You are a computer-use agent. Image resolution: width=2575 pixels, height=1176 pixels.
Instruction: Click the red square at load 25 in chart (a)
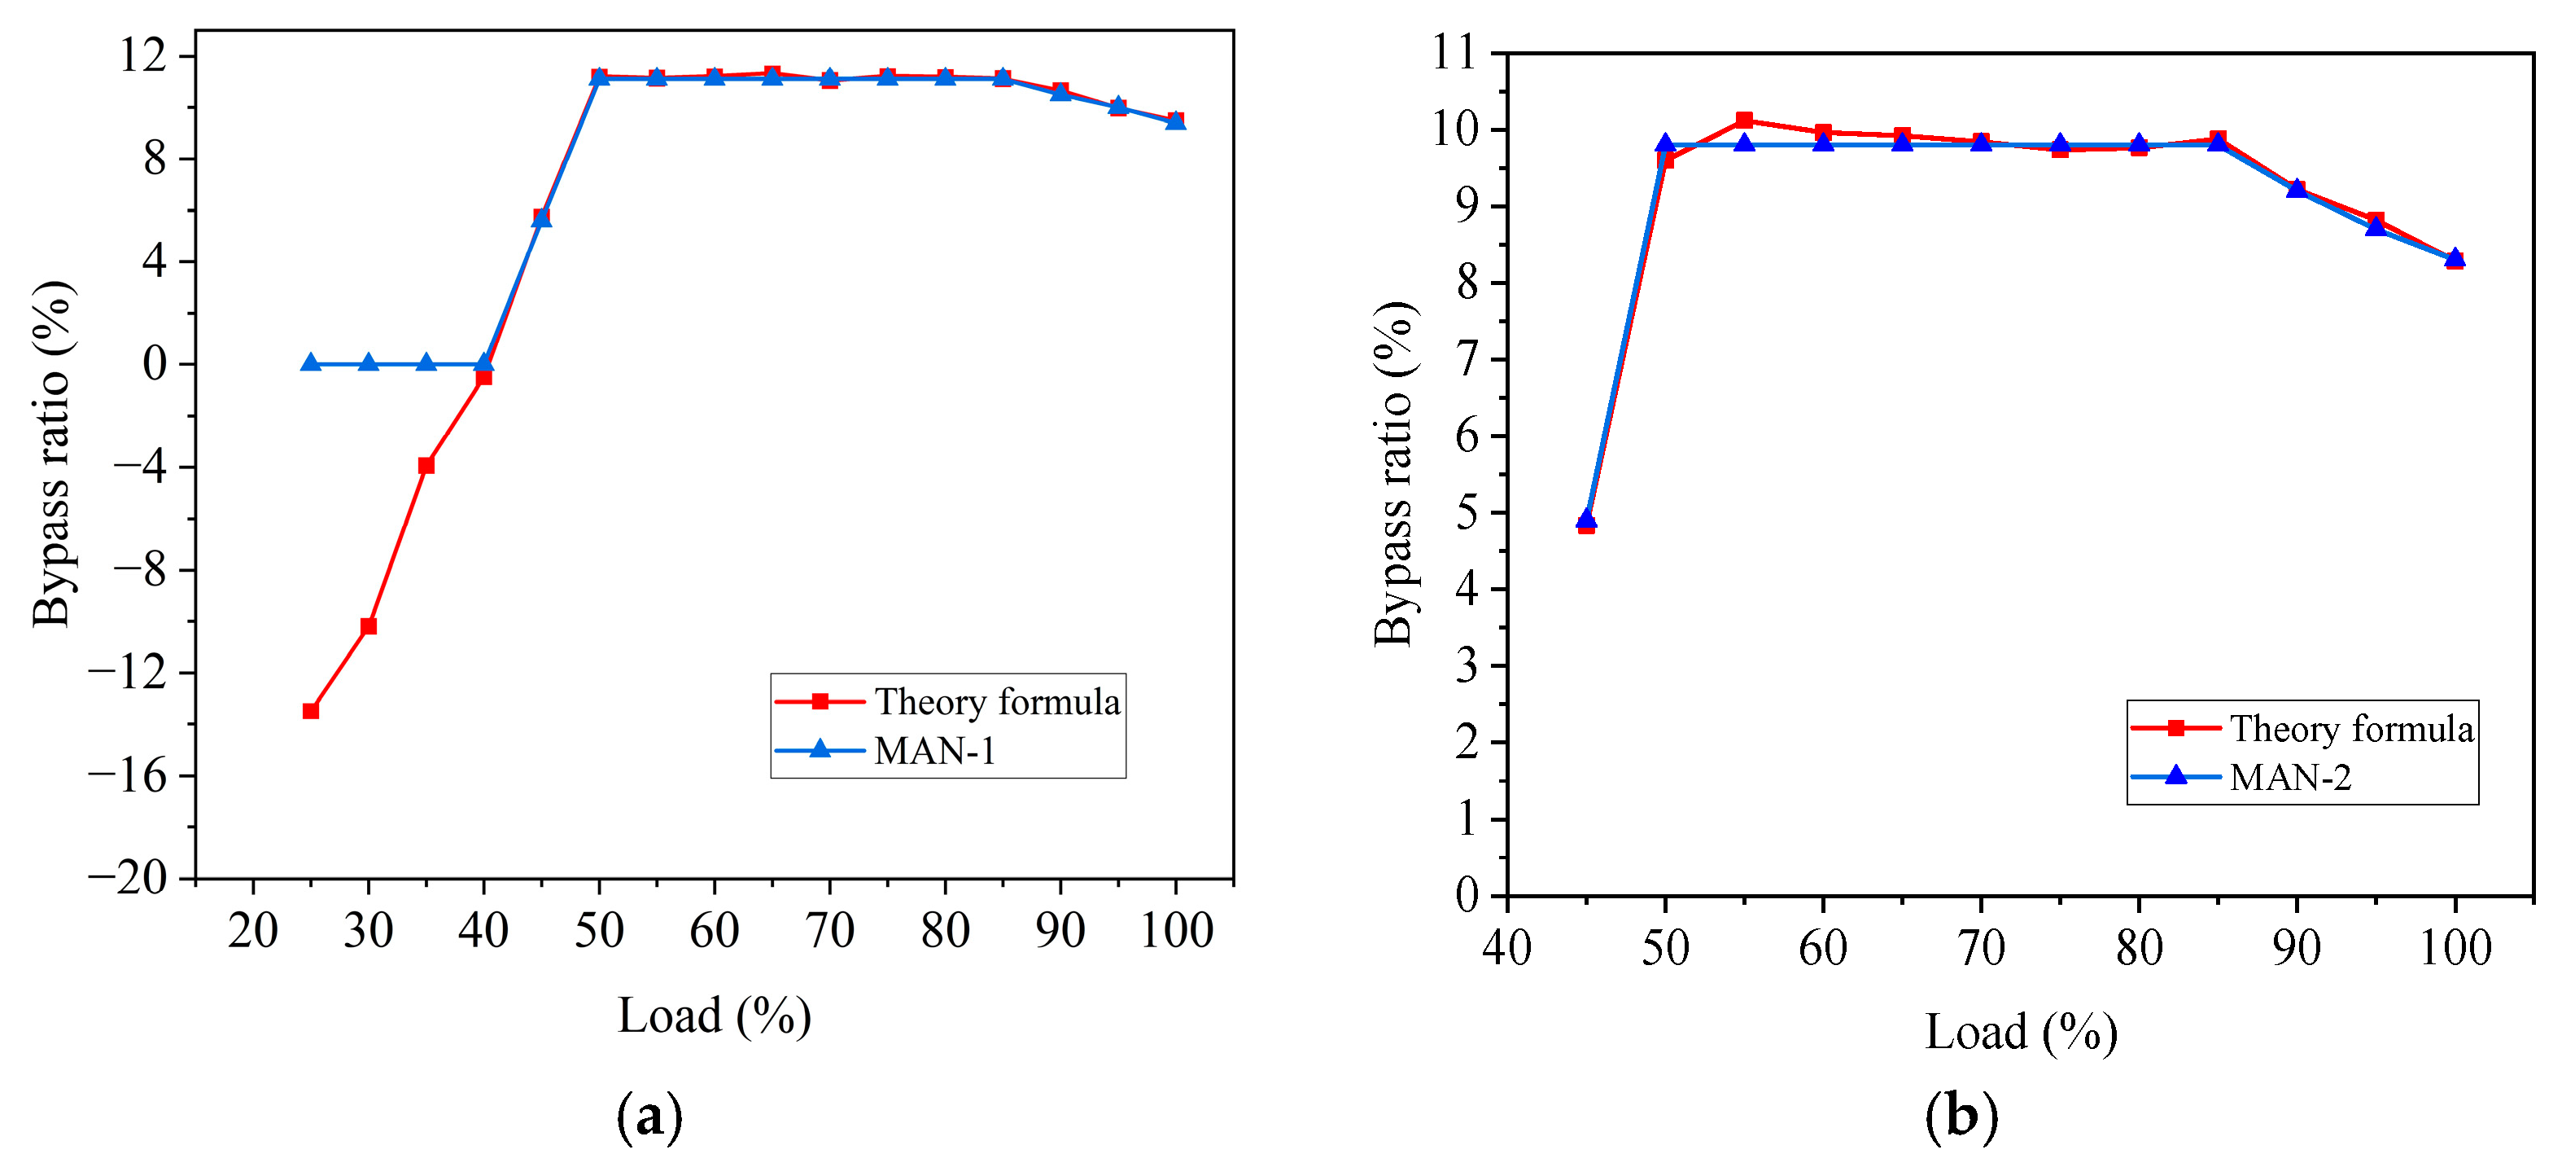(311, 711)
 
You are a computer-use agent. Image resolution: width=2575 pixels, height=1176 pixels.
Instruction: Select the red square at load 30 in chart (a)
(369, 626)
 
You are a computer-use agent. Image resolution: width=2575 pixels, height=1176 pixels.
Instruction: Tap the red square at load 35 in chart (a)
(426, 465)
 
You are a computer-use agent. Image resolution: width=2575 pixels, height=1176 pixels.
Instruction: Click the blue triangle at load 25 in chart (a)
(311, 363)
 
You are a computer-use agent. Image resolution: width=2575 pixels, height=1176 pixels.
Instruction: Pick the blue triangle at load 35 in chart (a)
(426, 363)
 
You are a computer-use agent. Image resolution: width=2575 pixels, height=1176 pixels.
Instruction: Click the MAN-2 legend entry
(2289, 777)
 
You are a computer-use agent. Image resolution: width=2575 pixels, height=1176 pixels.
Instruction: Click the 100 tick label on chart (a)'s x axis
(1177, 931)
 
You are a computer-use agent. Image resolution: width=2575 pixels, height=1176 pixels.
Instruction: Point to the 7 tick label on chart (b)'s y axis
(1467, 359)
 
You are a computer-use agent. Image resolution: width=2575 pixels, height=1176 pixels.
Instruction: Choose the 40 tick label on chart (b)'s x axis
(1506, 947)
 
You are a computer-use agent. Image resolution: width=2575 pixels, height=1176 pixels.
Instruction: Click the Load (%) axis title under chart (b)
(2020, 1032)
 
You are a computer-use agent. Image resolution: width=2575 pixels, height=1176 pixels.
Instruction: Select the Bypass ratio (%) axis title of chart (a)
(52, 455)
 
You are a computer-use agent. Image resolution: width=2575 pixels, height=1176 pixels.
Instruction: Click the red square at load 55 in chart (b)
(1744, 120)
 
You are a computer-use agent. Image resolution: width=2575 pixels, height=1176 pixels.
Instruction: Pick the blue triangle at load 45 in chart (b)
(1586, 519)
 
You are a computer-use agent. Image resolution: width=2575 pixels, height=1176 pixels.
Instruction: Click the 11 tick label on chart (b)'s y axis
(1454, 52)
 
